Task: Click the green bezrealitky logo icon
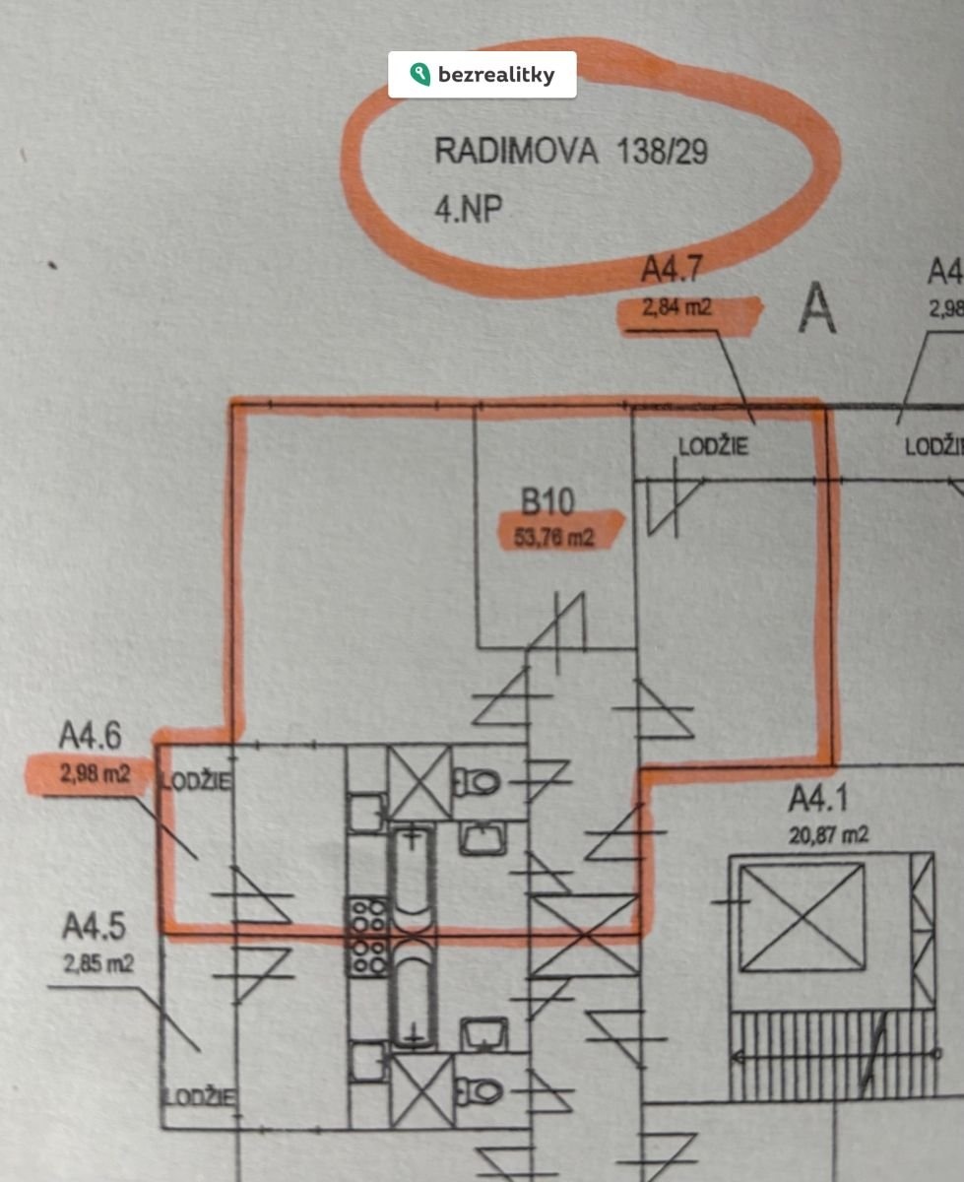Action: click(x=420, y=75)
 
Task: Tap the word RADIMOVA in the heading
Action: click(x=516, y=152)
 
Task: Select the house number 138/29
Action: click(x=662, y=152)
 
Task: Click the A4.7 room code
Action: click(x=673, y=270)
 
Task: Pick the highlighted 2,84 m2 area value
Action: click(x=676, y=308)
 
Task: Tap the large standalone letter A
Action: click(x=816, y=309)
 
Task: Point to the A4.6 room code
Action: click(x=91, y=736)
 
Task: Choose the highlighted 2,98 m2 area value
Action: click(x=95, y=774)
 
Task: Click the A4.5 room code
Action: click(x=94, y=928)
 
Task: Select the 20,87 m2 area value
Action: click(x=829, y=836)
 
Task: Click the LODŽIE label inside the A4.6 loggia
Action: click(x=197, y=782)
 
